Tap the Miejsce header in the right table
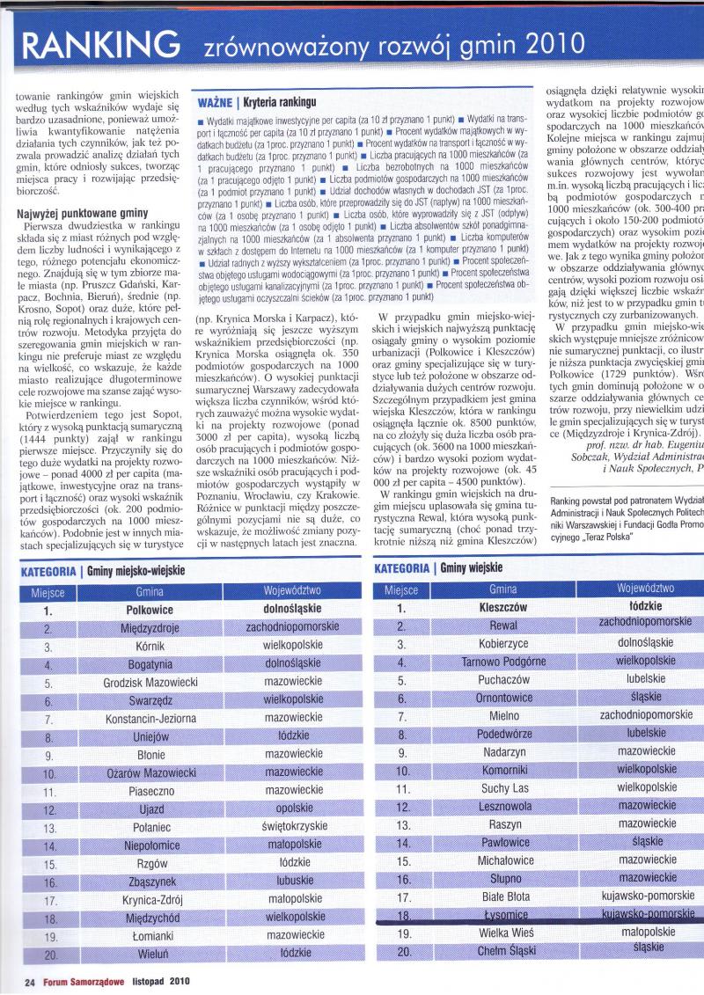pyautogui.click(x=400, y=589)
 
